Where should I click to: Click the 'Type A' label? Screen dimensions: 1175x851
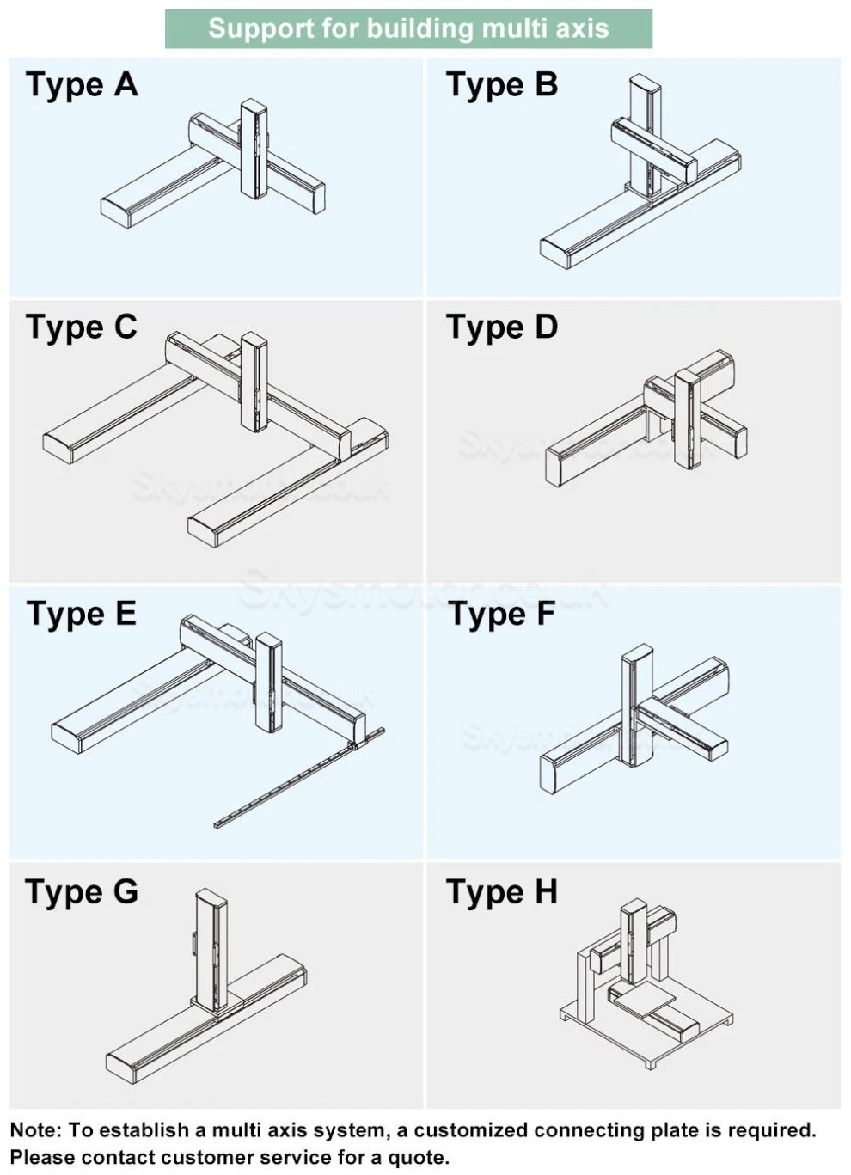click(x=82, y=85)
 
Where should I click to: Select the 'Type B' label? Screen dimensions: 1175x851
click(x=502, y=85)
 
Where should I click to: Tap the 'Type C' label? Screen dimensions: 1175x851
click(x=82, y=327)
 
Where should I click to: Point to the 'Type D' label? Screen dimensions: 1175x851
click(x=502, y=327)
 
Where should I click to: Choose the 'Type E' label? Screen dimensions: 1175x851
click(x=82, y=615)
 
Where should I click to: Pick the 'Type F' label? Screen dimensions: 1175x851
click(x=501, y=615)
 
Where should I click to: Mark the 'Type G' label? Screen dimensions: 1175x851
click(x=82, y=892)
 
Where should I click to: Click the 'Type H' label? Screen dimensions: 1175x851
click(x=502, y=892)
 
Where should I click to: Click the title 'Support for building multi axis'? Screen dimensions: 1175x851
click(x=408, y=28)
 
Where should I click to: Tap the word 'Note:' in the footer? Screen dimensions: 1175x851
click(x=36, y=1129)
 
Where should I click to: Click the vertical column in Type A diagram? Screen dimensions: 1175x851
click(x=254, y=148)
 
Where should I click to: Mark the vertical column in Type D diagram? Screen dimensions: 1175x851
click(x=688, y=419)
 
